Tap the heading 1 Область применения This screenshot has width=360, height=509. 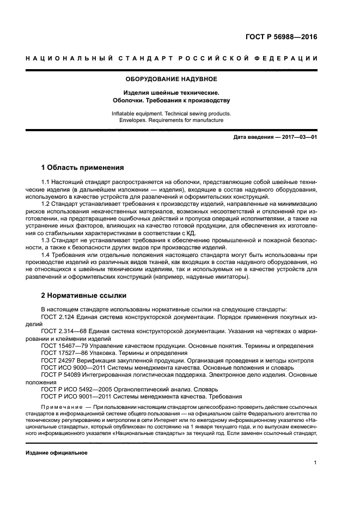pyautogui.click(x=82, y=168)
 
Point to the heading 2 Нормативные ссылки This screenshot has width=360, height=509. pyautogui.click(x=84, y=296)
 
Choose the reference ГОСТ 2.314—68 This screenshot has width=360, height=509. pyautogui.click(x=63, y=330)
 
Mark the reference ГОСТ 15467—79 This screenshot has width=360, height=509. pyautogui.click(x=63, y=345)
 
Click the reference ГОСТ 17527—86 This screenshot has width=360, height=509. pyautogui.click(x=63, y=352)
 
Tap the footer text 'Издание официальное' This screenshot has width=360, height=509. pyautogui.click(x=57, y=452)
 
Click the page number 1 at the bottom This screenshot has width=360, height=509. pyautogui.click(x=315, y=463)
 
